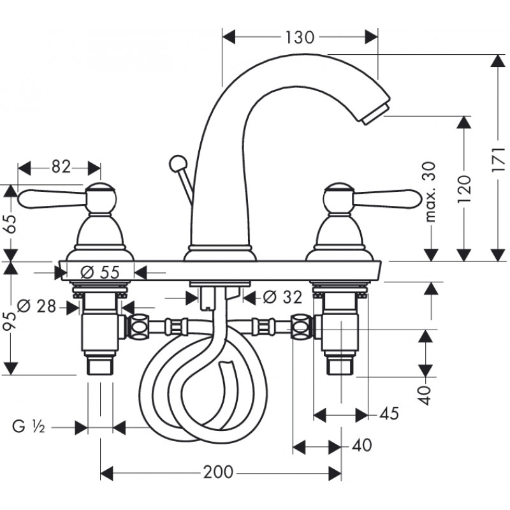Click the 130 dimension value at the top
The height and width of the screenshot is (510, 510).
click(x=300, y=37)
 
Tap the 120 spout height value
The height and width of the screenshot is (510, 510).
click(x=464, y=189)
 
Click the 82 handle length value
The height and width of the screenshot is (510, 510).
click(x=61, y=167)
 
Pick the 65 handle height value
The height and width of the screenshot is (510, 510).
click(x=10, y=224)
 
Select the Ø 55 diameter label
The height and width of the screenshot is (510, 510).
click(x=100, y=272)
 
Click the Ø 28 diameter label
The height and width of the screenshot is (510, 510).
click(x=36, y=306)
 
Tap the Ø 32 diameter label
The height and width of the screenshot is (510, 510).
click(x=282, y=296)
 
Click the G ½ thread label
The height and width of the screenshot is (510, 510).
click(x=29, y=426)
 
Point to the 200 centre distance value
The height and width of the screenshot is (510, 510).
click(x=218, y=472)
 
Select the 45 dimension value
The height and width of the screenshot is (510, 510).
click(x=389, y=413)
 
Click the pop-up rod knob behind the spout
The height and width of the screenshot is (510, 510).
click(x=178, y=163)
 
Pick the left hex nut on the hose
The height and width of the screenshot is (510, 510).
click(x=138, y=326)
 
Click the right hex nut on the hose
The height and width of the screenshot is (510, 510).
click(x=302, y=326)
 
